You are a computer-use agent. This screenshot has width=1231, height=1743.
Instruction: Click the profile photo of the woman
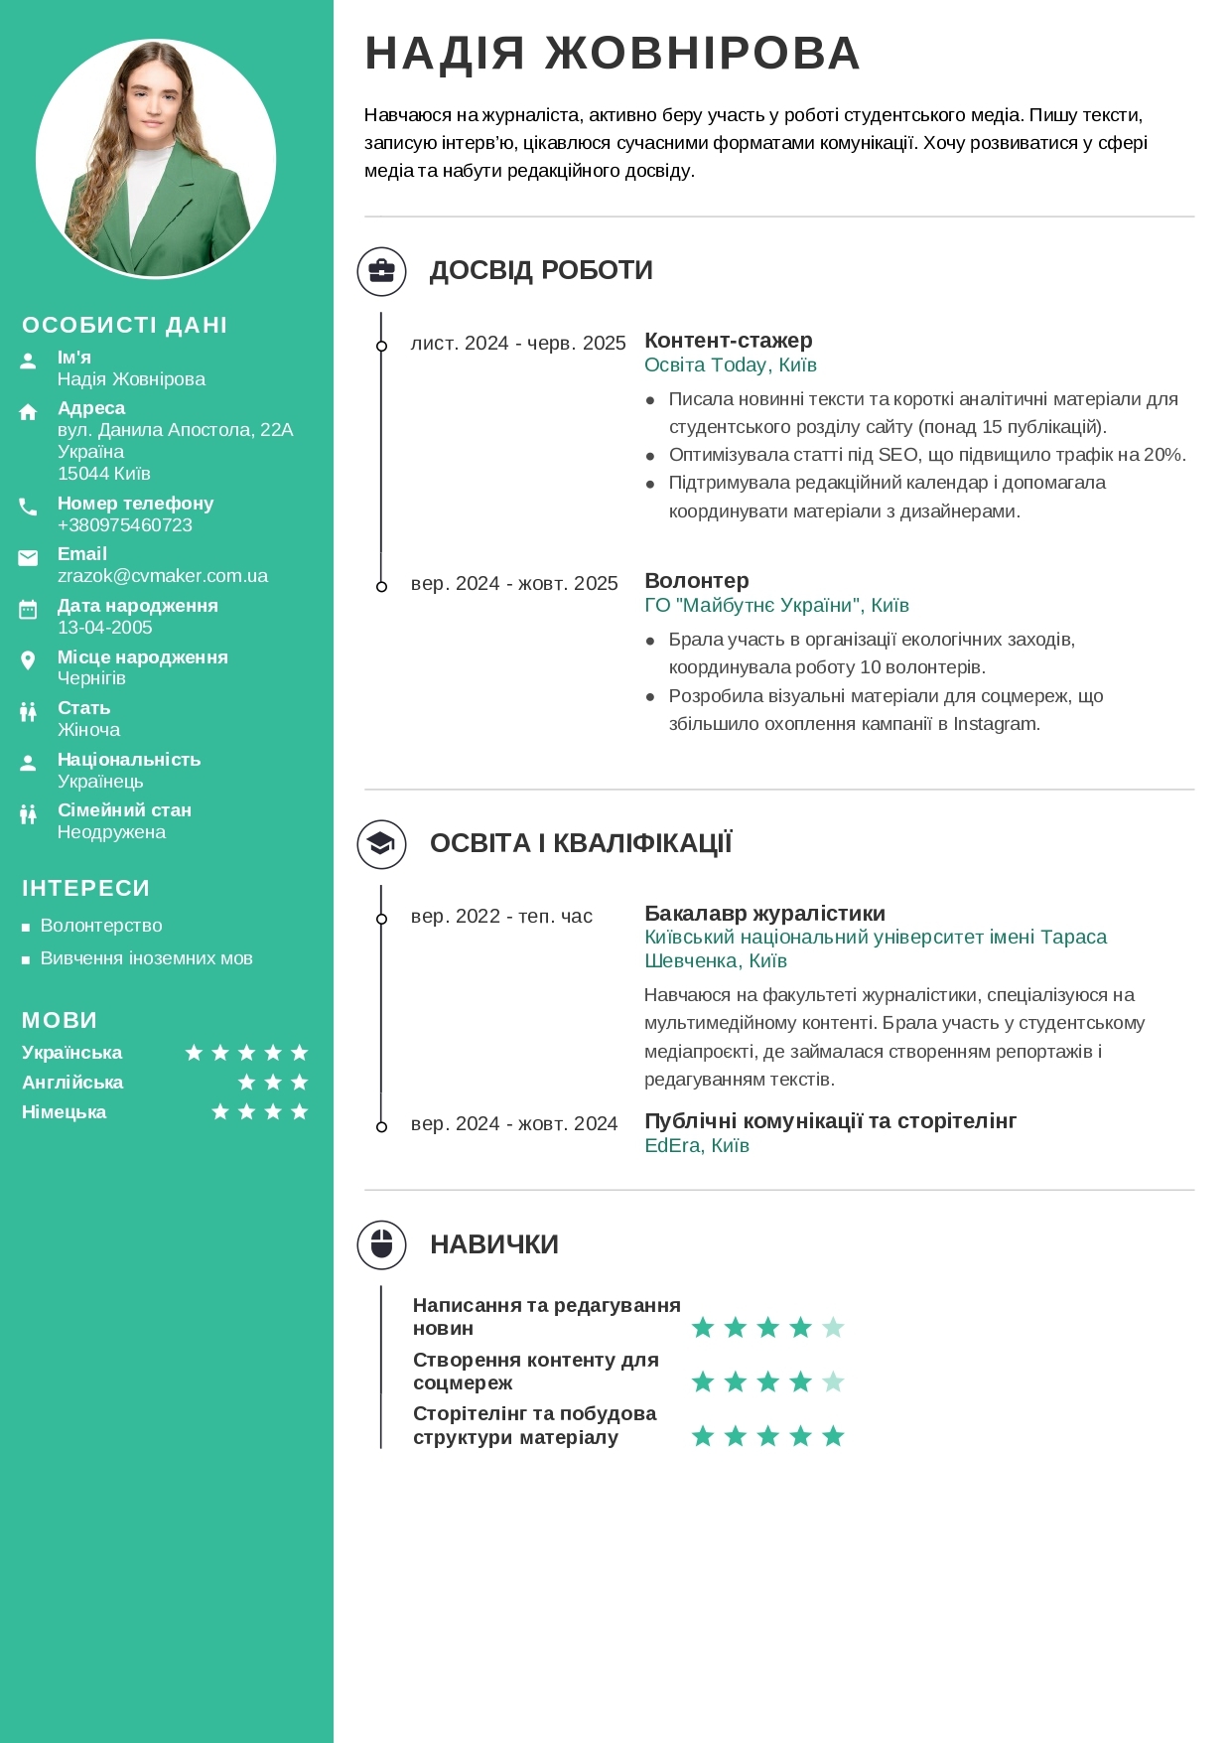point(156,159)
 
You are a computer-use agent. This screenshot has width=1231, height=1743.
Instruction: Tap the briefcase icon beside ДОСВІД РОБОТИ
point(382,271)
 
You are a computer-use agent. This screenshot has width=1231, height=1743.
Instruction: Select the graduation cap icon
point(382,844)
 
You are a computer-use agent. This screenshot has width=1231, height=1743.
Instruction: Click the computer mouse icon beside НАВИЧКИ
point(382,1244)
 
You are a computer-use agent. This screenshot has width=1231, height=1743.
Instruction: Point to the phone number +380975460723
point(125,525)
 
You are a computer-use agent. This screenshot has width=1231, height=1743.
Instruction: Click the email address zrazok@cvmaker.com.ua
point(163,576)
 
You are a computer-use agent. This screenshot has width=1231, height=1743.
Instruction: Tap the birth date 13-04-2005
point(105,628)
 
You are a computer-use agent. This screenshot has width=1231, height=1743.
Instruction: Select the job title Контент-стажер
point(729,341)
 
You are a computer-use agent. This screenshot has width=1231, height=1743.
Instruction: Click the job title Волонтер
point(697,581)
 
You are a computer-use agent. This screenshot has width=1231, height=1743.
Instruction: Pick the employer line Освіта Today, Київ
point(731,365)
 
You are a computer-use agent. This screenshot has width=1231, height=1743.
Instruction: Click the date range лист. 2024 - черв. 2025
point(518,344)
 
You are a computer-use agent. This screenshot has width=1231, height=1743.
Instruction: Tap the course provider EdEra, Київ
point(697,1146)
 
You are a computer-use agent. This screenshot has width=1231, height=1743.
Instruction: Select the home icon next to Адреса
point(28,412)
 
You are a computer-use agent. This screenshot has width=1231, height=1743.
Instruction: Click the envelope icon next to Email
point(28,558)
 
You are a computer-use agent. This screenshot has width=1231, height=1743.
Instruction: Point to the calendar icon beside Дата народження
point(28,610)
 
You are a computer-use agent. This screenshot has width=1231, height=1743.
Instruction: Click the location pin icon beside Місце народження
point(28,660)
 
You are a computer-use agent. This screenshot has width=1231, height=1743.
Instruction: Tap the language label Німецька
point(65,1112)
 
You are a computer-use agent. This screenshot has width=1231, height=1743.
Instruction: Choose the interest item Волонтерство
point(101,926)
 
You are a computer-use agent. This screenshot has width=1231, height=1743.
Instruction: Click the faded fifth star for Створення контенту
point(834,1381)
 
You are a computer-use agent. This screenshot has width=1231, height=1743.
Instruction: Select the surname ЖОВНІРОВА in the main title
point(703,54)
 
